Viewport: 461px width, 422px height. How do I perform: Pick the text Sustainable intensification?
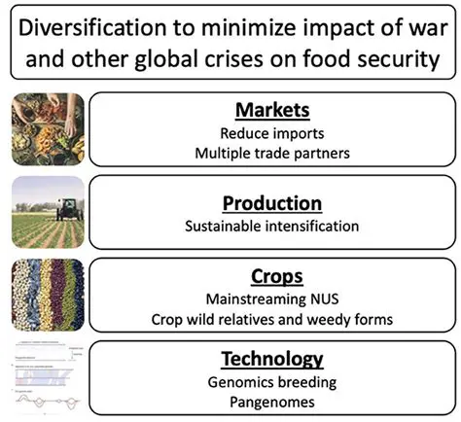point(272,227)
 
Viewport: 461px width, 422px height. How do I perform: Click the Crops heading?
point(272,275)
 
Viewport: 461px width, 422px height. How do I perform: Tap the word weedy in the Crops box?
point(341,318)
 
